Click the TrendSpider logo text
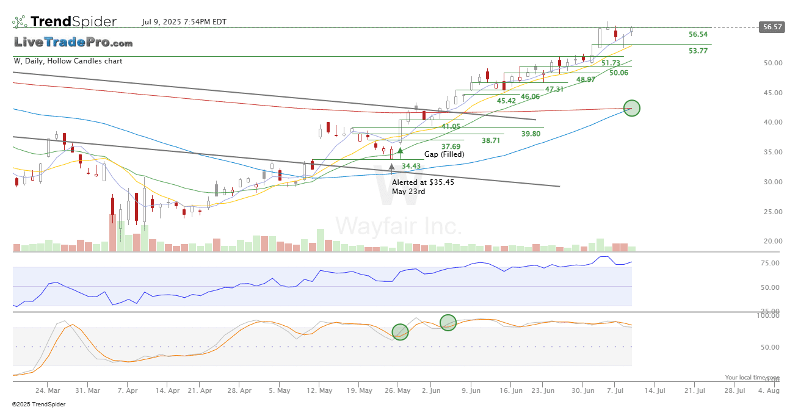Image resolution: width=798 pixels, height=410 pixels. click(x=73, y=22)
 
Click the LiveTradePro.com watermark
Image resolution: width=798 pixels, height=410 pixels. click(x=73, y=43)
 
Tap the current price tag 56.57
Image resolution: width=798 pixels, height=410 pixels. click(x=771, y=27)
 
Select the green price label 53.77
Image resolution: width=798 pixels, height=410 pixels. click(x=698, y=51)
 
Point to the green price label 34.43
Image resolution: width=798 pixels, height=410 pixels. click(x=411, y=166)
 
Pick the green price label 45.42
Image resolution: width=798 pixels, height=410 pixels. click(x=506, y=101)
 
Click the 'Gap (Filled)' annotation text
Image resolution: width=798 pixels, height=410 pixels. click(x=444, y=154)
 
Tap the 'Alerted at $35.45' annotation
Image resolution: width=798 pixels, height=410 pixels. click(x=423, y=182)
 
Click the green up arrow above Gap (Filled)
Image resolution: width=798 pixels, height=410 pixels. click(x=400, y=150)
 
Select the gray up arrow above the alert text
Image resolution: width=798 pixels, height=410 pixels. click(x=391, y=165)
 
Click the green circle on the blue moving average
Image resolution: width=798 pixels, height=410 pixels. click(x=632, y=109)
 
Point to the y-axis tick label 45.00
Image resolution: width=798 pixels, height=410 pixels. click(x=774, y=93)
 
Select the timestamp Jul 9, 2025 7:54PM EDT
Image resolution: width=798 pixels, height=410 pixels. click(x=184, y=22)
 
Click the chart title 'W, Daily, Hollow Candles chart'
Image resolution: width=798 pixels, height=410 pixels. click(x=68, y=61)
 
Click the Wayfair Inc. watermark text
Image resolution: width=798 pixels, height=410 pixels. click(x=399, y=226)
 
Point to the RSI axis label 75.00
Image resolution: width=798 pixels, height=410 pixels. click(x=771, y=264)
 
